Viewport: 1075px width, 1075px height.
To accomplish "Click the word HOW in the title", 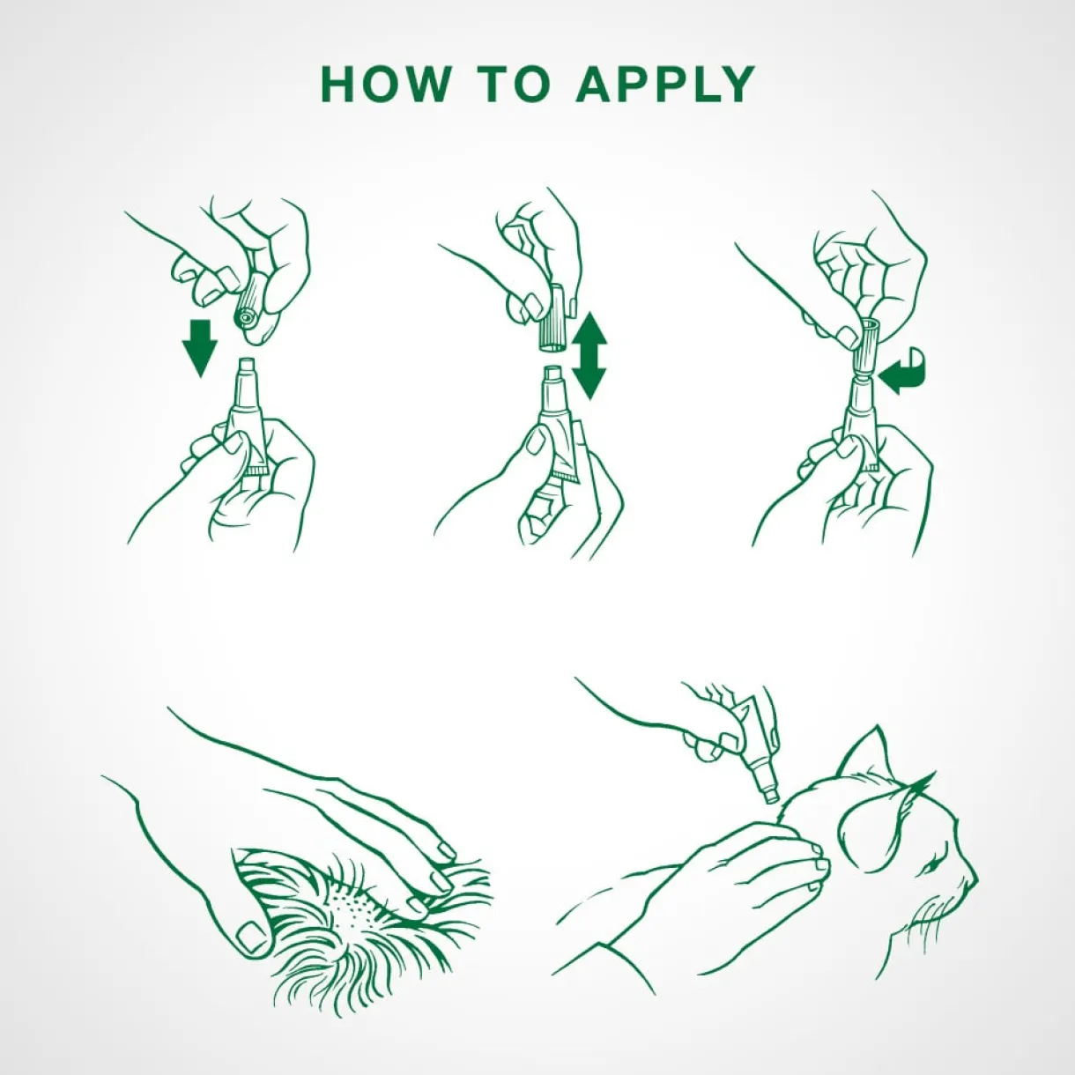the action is click(386, 85).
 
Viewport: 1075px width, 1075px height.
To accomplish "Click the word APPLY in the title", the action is click(667, 85).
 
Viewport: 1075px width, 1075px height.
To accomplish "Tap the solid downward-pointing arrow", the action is click(200, 347).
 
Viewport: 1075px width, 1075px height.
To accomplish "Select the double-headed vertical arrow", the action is click(589, 357).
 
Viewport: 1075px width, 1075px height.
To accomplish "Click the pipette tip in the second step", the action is click(552, 375).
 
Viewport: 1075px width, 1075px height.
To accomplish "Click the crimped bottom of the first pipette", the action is click(257, 471).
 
